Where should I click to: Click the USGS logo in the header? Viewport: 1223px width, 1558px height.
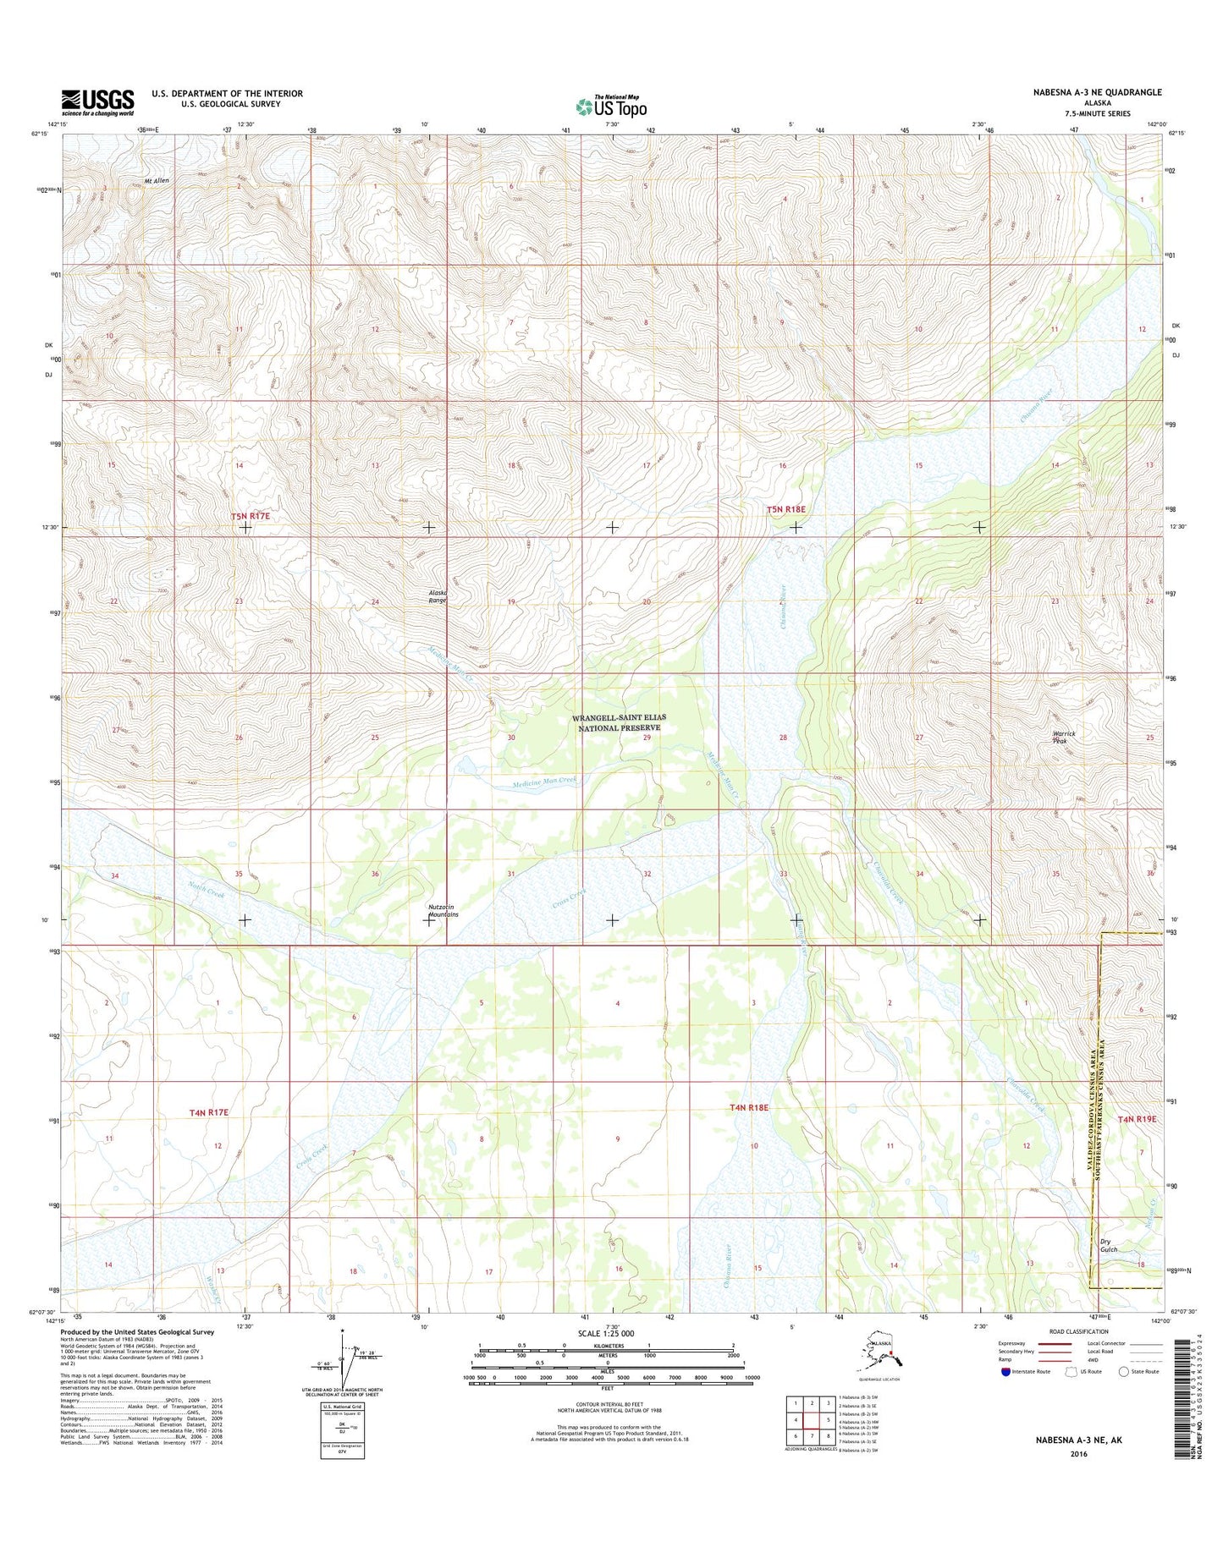coord(97,102)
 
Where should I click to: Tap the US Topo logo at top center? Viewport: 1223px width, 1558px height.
coord(611,106)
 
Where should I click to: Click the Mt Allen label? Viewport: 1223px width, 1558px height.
coord(157,181)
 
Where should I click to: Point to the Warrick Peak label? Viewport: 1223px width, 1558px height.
coord(1063,737)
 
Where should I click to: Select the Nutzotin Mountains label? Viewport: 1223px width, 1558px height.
coord(443,910)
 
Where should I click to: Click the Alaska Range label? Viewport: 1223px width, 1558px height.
coord(437,596)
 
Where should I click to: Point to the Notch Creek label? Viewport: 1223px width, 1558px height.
coord(206,889)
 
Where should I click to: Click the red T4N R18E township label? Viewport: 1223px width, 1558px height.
coord(749,1107)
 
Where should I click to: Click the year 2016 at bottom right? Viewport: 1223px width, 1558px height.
coord(1078,1454)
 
